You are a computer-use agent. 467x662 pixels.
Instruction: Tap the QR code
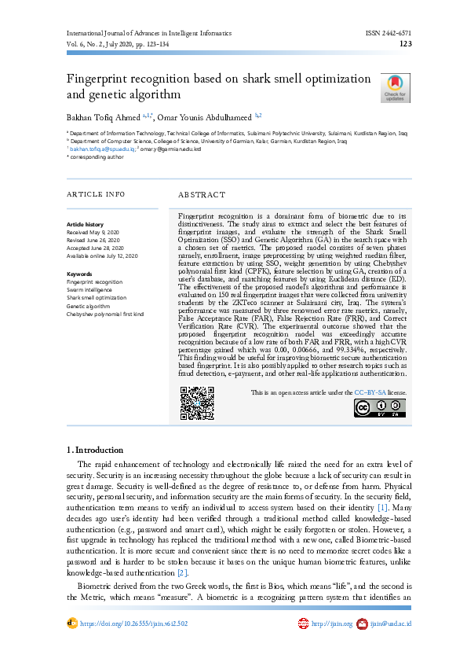click(195, 403)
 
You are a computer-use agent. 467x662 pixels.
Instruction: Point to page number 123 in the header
click(406, 45)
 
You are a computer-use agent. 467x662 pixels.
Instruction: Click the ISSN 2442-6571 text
click(389, 34)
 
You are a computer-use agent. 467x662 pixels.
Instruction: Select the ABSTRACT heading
click(202, 194)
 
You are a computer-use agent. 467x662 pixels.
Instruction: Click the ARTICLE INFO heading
click(96, 193)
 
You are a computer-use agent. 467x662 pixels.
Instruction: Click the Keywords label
click(79, 274)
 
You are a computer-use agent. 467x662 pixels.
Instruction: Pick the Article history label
click(84, 225)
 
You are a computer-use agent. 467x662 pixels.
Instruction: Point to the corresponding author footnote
click(97, 156)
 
